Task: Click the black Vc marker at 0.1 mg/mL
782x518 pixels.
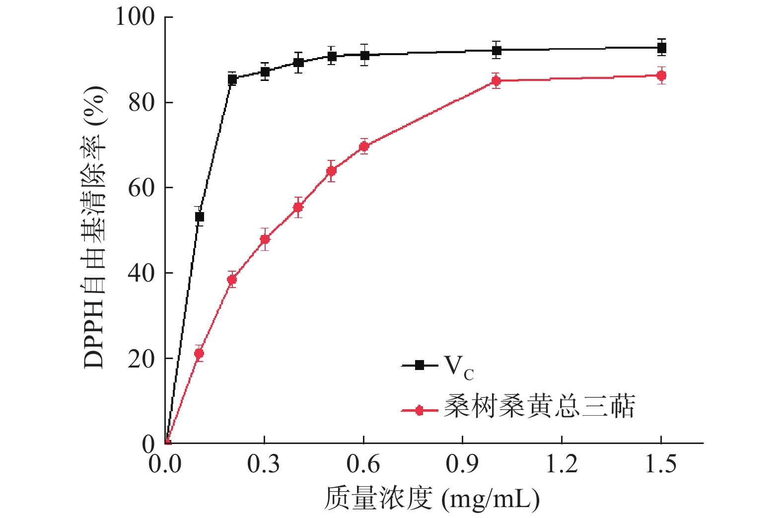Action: click(x=199, y=217)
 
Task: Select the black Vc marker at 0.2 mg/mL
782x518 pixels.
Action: click(x=232, y=79)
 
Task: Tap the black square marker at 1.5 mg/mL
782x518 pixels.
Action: click(x=661, y=48)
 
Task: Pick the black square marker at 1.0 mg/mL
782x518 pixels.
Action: click(x=496, y=50)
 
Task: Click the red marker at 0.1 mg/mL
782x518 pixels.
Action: click(x=199, y=353)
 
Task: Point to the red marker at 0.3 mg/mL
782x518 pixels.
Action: click(x=265, y=239)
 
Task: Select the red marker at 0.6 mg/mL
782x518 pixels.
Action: click(x=364, y=147)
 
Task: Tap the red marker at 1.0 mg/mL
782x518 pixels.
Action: click(x=496, y=80)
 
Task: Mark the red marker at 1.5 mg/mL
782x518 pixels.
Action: click(x=661, y=75)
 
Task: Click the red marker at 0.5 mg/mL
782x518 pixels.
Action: click(x=331, y=171)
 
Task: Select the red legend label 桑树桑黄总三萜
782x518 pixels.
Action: click(x=539, y=407)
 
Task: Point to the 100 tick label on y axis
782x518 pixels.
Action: click(x=135, y=17)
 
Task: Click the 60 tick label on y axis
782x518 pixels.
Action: click(x=142, y=188)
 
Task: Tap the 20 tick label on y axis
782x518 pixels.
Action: click(x=142, y=359)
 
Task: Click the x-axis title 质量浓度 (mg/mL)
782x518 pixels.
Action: click(x=431, y=498)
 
